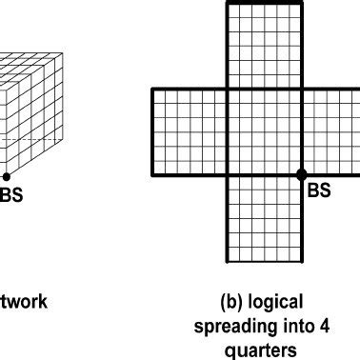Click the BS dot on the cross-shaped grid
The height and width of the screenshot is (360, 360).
(x=302, y=175)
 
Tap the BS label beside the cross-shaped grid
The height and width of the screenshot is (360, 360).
(x=320, y=191)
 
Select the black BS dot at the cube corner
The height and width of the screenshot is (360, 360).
(x=5, y=175)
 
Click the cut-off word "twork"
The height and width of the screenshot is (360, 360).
(x=23, y=304)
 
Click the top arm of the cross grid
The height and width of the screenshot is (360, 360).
(x=264, y=45)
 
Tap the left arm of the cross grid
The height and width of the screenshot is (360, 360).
(x=189, y=131)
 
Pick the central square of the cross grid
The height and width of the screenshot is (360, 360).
(x=264, y=131)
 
